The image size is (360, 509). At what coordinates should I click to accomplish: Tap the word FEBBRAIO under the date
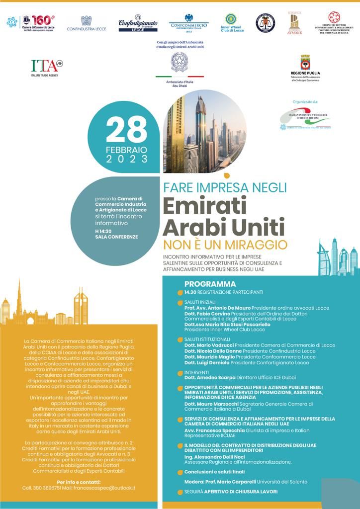coord(126,149)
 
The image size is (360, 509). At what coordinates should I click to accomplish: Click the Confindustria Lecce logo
coord(87,23)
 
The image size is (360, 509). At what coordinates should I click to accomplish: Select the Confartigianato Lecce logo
coord(138,23)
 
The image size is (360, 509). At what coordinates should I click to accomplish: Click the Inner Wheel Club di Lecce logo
coord(232,23)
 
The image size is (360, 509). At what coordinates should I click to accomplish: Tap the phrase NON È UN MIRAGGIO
coord(225,245)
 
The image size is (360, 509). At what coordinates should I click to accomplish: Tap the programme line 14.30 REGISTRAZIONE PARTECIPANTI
coord(224,292)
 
